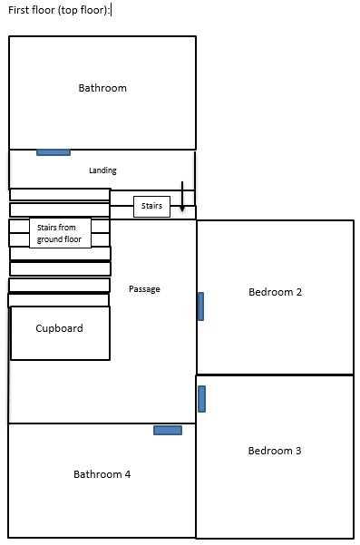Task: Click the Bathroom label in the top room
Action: click(102, 88)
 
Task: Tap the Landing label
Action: click(102, 170)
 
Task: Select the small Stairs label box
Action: click(151, 206)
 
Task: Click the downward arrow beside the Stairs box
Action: click(182, 197)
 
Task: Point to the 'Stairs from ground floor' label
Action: click(59, 233)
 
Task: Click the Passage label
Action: click(144, 289)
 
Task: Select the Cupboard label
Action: click(60, 328)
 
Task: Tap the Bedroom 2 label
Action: click(275, 292)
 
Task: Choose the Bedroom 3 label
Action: click(275, 451)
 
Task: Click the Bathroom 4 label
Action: click(102, 474)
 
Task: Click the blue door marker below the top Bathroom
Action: click(54, 152)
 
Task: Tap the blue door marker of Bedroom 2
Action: click(200, 307)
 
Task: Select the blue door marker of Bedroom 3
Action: click(201, 399)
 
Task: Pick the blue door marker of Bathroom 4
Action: click(168, 431)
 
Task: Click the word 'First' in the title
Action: click(16, 10)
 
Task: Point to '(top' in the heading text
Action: click(68, 10)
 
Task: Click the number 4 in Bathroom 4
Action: click(128, 474)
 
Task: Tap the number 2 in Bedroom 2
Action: click(299, 292)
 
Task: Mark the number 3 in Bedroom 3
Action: click(298, 451)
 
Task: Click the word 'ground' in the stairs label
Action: click(48, 239)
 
